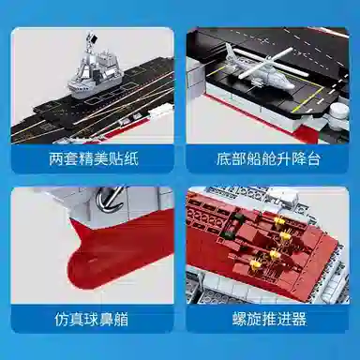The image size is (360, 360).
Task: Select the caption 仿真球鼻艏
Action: (90, 317)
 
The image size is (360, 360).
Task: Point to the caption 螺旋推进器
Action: (270, 318)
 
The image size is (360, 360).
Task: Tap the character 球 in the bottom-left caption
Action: (90, 317)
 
